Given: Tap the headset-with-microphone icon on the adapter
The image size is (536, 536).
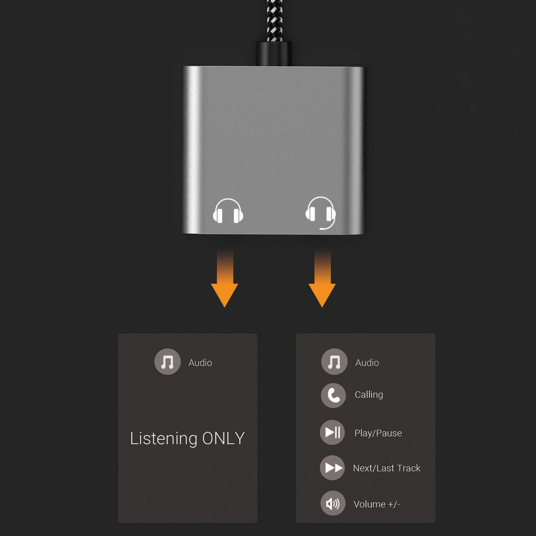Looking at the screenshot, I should [320, 212].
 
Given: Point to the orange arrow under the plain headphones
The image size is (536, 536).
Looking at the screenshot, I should [225, 283].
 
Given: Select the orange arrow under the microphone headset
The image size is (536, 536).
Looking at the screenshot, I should [322, 283].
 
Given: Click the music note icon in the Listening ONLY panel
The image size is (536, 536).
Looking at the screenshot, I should [167, 362].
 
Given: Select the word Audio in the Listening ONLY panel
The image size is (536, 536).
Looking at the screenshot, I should [200, 362].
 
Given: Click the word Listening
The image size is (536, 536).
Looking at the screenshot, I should [163, 438].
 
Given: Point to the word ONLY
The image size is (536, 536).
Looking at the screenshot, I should [224, 438].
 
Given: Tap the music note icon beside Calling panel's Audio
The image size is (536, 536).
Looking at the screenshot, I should [334, 362].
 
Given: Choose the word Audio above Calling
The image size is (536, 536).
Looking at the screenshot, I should [367, 362].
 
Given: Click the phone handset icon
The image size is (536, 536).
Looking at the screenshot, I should [333, 396].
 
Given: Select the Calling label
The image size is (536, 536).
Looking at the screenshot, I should [368, 395].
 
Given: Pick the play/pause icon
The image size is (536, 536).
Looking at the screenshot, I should [332, 432].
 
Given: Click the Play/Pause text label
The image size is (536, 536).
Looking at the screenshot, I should [378, 433].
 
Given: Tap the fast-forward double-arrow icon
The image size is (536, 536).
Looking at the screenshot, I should [333, 468].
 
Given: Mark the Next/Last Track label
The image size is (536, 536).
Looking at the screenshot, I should [386, 468].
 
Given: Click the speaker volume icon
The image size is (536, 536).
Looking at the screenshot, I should [333, 504].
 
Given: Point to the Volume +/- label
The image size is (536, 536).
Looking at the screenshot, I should [377, 504].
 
